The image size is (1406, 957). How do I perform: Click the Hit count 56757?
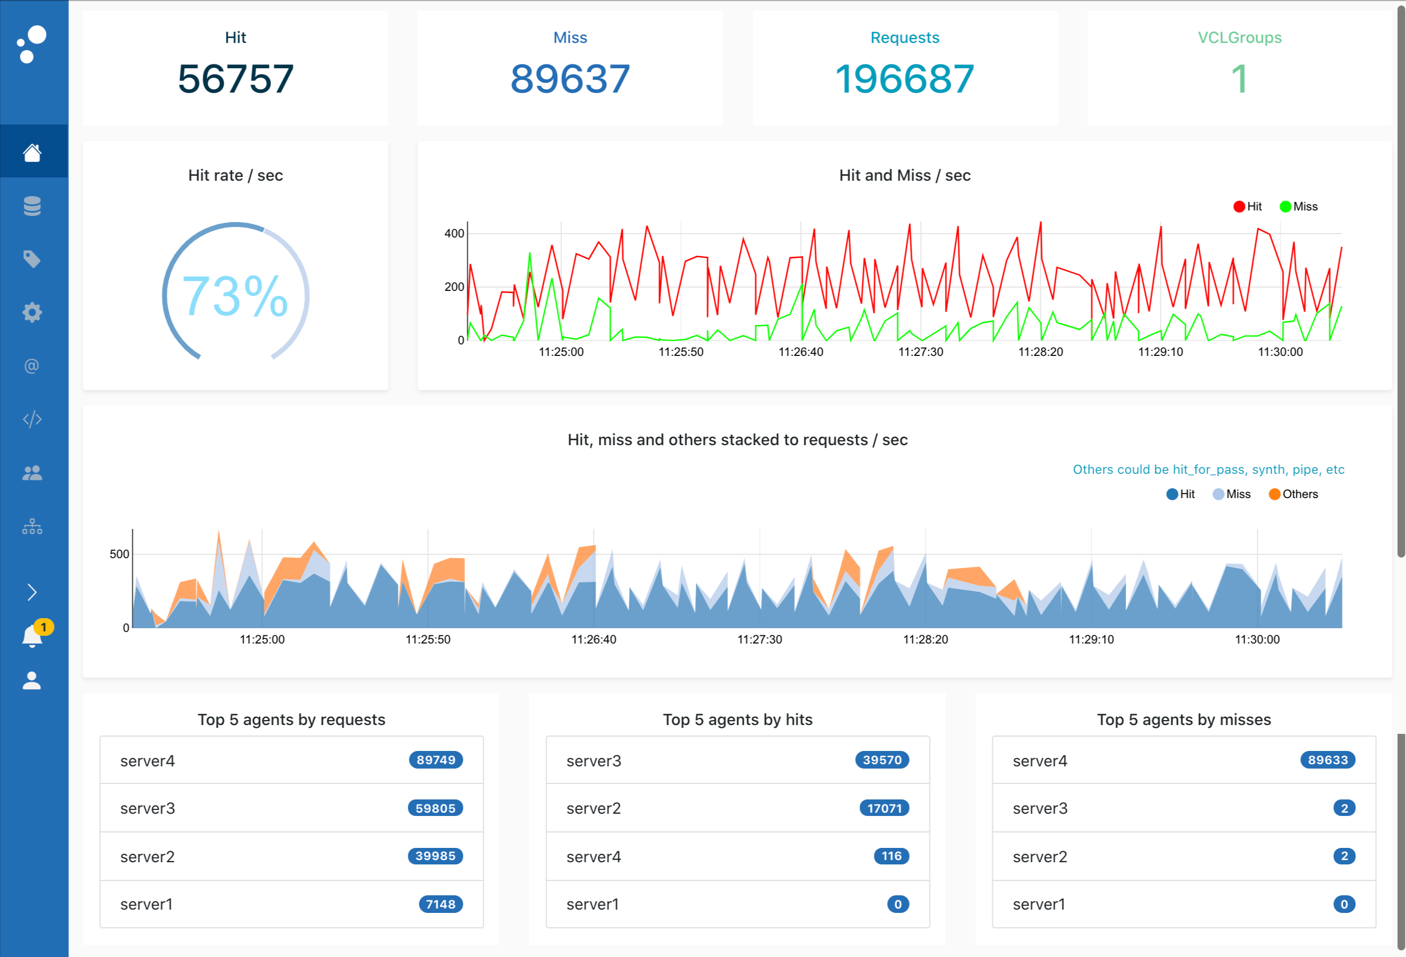pos(235,79)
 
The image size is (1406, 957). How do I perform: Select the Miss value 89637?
pos(570,79)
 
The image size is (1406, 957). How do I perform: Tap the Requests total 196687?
pos(905,79)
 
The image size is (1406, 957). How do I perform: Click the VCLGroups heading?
pos(1239,37)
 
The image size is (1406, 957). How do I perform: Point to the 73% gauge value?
pos(235,296)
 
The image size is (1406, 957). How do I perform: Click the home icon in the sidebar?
pos(32,153)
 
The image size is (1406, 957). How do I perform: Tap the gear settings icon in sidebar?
pos(32,313)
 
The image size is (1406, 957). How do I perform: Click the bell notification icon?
pos(32,636)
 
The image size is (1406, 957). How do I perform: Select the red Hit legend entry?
pos(1247,206)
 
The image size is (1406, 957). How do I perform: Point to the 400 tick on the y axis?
pos(454,234)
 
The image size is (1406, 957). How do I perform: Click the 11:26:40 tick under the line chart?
pos(801,352)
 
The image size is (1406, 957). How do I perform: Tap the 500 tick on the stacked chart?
pos(119,554)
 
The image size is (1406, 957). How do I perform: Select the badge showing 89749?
pos(436,760)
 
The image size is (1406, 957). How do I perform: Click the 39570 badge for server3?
pos(882,760)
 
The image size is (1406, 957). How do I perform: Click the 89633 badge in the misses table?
pos(1327,760)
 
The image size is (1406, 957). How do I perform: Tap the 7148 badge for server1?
pos(440,904)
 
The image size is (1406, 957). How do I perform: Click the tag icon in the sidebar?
pos(32,259)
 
